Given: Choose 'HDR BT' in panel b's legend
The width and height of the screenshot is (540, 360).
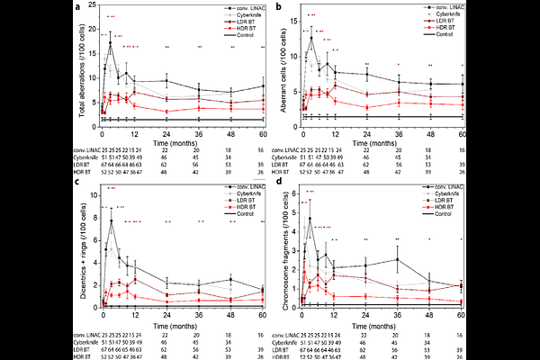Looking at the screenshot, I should (x=440, y=30).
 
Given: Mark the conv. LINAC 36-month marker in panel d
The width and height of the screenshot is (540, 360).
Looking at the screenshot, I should (x=397, y=234).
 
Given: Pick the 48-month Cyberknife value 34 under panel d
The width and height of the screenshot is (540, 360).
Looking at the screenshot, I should (x=429, y=341).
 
